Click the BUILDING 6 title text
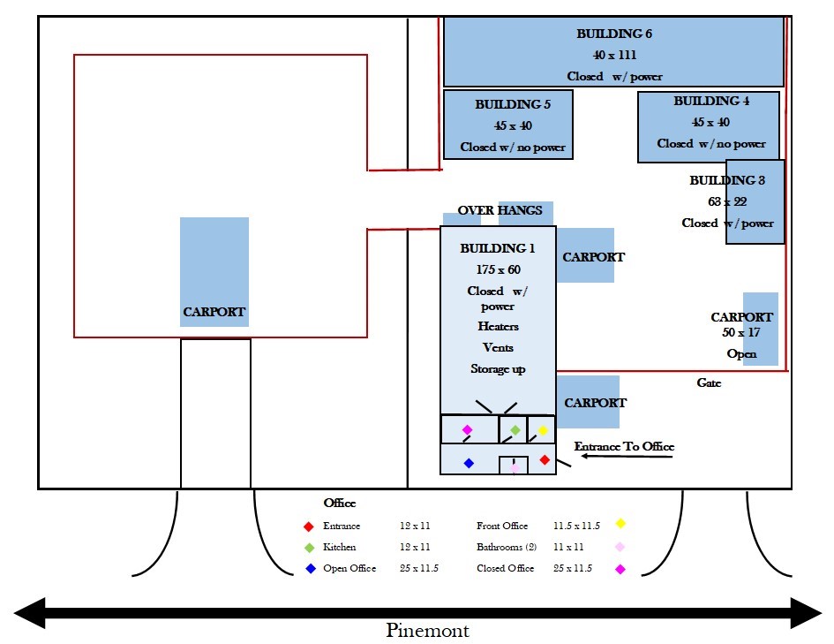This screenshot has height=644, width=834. pos(613,34)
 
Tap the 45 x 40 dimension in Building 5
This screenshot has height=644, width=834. pos(513,125)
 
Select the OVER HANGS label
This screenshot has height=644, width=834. pos(500,210)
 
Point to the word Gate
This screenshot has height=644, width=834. pos(709,383)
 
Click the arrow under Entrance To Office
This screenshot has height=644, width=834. pos(627,456)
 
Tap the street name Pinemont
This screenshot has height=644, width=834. pos(428,630)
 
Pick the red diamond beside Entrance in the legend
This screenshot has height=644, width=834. pos(309,527)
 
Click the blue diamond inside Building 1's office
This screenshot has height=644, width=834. pos(469,463)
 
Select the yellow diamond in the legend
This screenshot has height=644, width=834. pos(620,524)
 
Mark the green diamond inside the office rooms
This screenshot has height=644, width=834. pos(515,429)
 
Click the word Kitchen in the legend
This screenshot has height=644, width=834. pos(340,547)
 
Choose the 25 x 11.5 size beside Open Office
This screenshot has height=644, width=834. pos(419,568)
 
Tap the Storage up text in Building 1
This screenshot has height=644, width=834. pos(498,369)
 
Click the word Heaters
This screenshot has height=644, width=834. pos(498,326)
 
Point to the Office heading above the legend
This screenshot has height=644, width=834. pos(340,503)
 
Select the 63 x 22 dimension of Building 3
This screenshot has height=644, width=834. pos(727,201)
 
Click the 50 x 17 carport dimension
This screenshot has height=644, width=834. pos(741,333)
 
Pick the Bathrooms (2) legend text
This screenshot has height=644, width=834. pos(507,547)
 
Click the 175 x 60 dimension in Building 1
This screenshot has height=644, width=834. pos(499,269)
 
